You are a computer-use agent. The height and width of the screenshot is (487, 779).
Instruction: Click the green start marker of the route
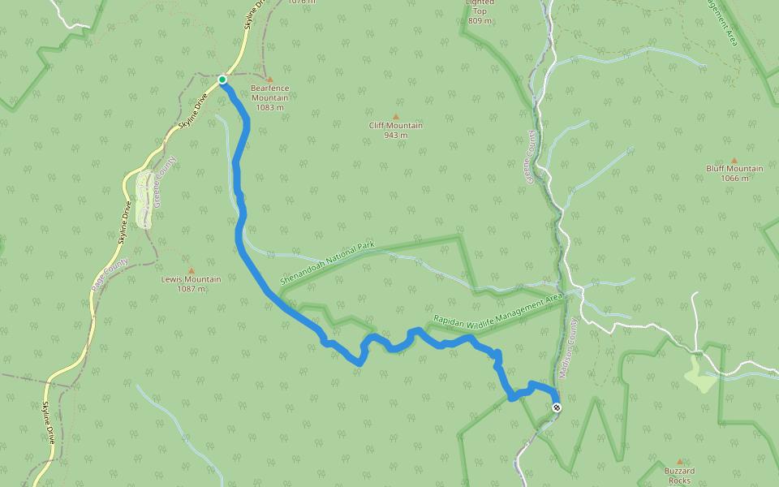222,80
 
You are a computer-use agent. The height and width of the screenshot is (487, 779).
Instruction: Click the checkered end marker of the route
557,407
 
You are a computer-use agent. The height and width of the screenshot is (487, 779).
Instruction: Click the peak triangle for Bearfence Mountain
269,78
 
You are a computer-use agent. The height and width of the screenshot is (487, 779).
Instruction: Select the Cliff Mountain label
396,125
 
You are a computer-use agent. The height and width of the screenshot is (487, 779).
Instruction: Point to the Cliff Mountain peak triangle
396,116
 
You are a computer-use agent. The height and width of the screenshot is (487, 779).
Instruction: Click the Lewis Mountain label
191,279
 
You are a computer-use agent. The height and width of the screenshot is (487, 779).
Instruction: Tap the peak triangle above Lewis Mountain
192,270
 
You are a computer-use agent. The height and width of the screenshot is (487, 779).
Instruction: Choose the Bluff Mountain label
734,169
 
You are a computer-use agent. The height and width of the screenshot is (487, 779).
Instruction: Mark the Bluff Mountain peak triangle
734,160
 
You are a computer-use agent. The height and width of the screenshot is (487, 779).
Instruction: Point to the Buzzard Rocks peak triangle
680,461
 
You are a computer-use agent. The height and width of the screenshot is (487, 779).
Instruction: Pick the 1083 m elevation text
269,107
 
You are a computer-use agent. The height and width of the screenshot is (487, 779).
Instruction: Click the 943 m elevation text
396,135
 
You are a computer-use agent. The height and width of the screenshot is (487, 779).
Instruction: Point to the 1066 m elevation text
734,178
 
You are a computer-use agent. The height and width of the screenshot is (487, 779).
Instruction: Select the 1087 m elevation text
191,289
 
